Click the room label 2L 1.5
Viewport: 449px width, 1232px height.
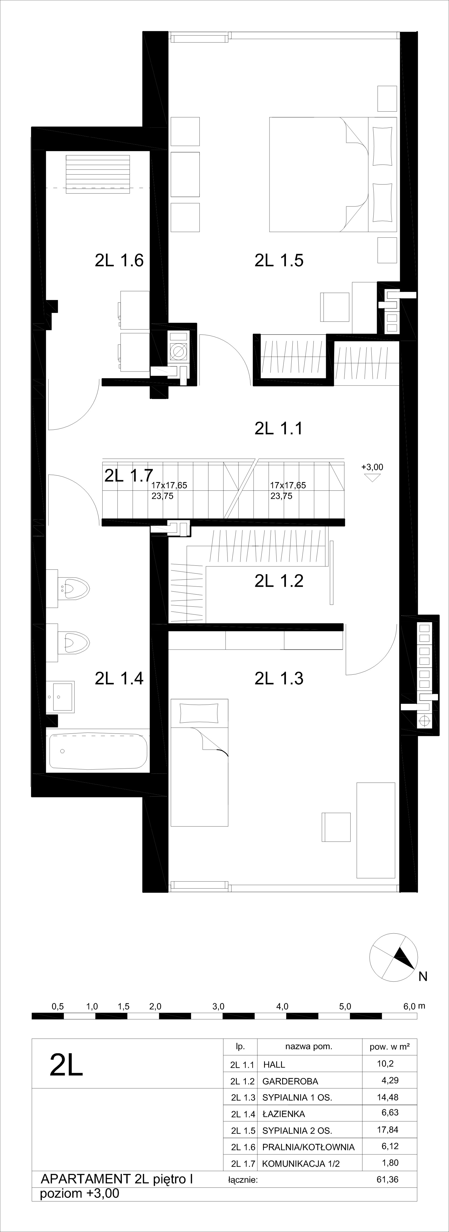(x=279, y=261)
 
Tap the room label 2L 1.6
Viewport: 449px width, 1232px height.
(x=119, y=261)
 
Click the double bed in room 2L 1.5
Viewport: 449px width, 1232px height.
(x=333, y=175)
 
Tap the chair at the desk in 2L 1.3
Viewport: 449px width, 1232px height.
(x=336, y=827)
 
